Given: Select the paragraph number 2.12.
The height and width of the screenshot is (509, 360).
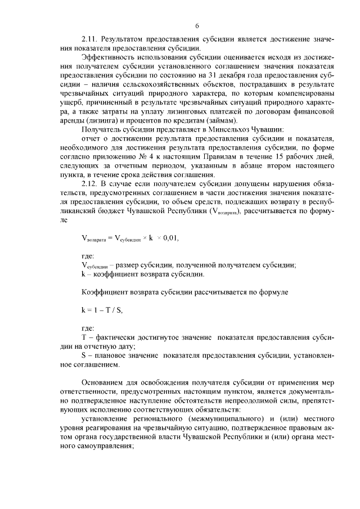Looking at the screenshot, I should [x=91, y=183].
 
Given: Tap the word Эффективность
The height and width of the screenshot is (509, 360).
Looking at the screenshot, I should [x=107, y=57].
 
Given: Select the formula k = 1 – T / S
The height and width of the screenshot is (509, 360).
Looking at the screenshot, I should [x=102, y=309].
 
